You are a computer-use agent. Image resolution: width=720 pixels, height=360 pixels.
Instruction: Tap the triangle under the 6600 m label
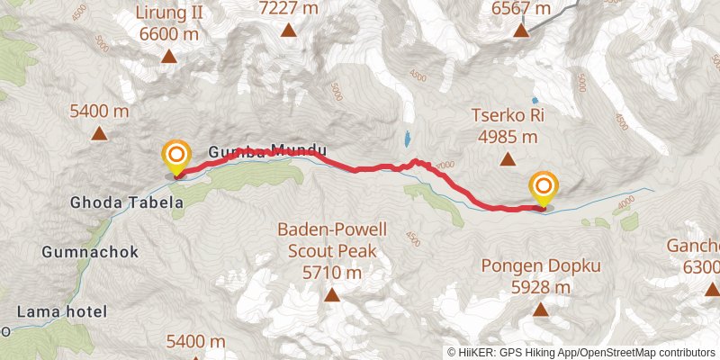[x=168, y=58]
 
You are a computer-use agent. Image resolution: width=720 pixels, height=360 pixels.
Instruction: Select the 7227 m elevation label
[x=290, y=8]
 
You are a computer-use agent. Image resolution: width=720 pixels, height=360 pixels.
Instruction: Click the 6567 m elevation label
[x=521, y=8]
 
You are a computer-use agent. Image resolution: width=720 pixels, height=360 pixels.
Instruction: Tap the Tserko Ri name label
[x=504, y=117]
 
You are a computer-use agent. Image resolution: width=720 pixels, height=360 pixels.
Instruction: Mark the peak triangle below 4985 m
[x=507, y=161]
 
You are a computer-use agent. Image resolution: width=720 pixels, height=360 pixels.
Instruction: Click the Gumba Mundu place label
[x=266, y=153]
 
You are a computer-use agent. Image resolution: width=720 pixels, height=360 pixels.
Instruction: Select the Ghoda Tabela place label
[x=127, y=203]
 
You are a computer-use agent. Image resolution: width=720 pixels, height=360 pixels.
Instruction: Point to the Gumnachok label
[x=90, y=252]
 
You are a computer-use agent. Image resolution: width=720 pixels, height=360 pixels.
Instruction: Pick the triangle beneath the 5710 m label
[x=332, y=295]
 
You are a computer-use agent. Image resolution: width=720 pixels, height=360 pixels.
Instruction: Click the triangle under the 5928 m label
[x=541, y=310]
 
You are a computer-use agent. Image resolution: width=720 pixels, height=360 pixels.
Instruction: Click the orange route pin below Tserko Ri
[x=544, y=187]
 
